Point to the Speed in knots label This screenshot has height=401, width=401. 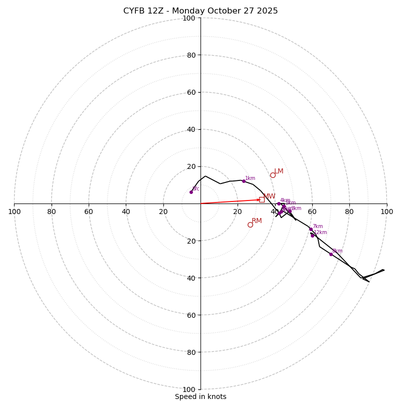click(200, 396)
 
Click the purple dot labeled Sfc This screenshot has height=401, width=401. click(191, 192)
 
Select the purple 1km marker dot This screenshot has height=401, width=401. click(244, 181)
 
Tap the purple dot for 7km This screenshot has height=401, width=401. click(311, 229)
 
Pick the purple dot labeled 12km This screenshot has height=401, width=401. click(312, 236)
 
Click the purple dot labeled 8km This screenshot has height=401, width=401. click(331, 254)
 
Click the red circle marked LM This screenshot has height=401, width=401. click(273, 175)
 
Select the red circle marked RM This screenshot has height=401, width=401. click(250, 225)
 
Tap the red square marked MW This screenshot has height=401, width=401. click(262, 199)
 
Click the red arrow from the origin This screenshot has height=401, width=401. click(231, 202)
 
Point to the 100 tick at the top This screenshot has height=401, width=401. click(189, 18)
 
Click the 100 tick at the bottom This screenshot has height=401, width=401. click(189, 389)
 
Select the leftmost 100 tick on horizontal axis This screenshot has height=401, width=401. click(14, 212)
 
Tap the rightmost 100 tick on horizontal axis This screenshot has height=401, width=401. click(387, 212)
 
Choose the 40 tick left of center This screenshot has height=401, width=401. click(126, 212)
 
